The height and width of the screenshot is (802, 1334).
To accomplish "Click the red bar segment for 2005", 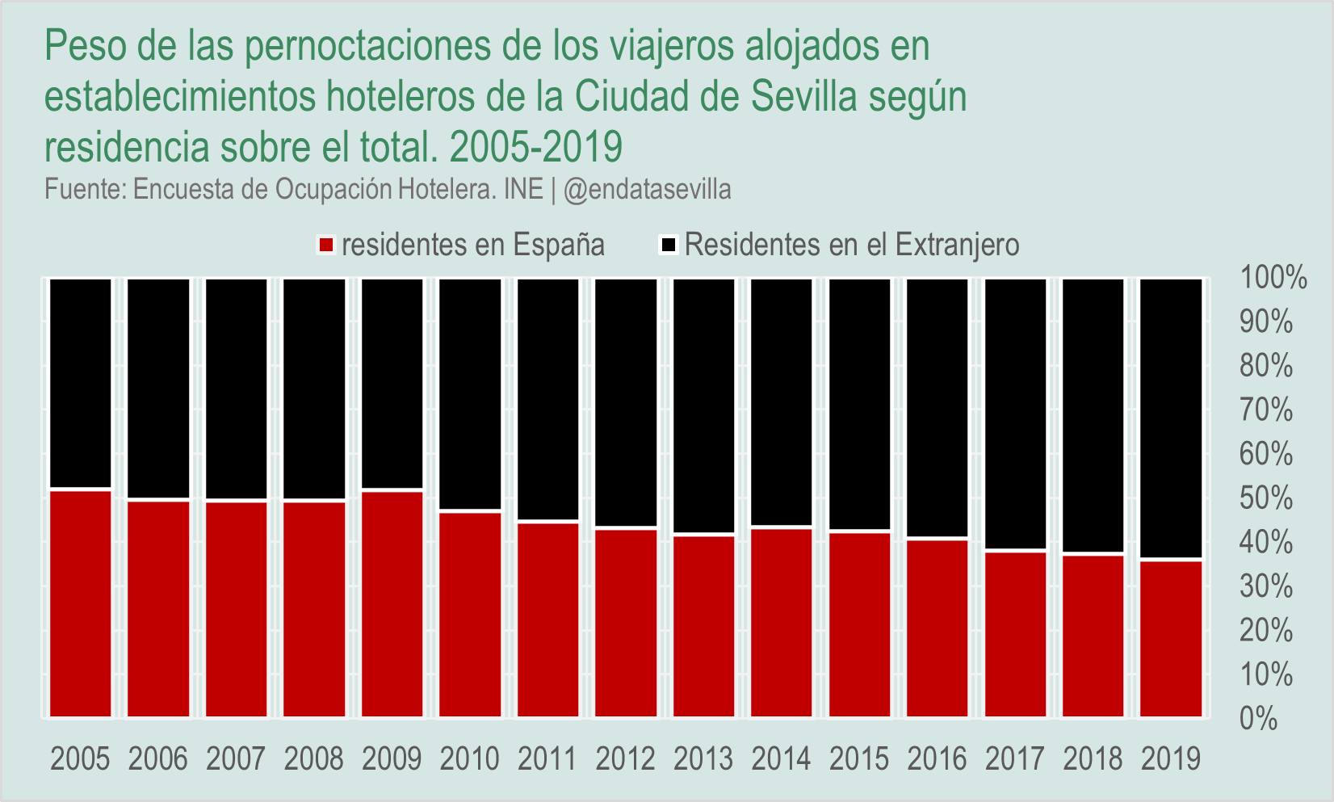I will pyautogui.click(x=80, y=603).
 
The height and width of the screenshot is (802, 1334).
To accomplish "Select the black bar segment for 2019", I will pyautogui.click(x=1171, y=418).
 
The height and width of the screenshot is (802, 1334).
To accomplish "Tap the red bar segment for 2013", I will pyautogui.click(x=703, y=626).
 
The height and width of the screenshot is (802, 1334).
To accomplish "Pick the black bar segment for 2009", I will pyautogui.click(x=392, y=384).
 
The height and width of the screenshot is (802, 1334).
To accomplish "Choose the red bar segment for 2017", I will pyautogui.click(x=1015, y=634).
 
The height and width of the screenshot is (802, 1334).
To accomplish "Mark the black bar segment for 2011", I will pyautogui.click(x=547, y=400).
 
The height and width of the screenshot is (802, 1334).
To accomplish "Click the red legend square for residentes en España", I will pyautogui.click(x=326, y=245).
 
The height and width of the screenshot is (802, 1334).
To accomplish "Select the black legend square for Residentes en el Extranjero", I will pyautogui.click(x=669, y=245).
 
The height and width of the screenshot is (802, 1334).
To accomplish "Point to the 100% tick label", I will pyautogui.click(x=1273, y=278).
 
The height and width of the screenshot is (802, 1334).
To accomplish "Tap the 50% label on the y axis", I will pyautogui.click(x=1266, y=498).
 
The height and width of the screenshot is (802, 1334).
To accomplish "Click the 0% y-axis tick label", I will pyautogui.click(x=1258, y=718).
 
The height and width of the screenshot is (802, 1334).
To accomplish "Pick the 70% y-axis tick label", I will pyautogui.click(x=1266, y=410).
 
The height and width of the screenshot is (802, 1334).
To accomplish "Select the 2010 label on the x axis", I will pyautogui.click(x=469, y=759).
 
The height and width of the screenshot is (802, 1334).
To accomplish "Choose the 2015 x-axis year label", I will pyautogui.click(x=859, y=759).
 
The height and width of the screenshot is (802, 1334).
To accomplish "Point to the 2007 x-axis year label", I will pyautogui.click(x=236, y=759).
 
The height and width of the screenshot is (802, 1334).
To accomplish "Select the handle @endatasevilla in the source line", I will pyautogui.click(x=648, y=189).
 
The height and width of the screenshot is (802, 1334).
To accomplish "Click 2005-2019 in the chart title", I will pyautogui.click(x=536, y=147).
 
